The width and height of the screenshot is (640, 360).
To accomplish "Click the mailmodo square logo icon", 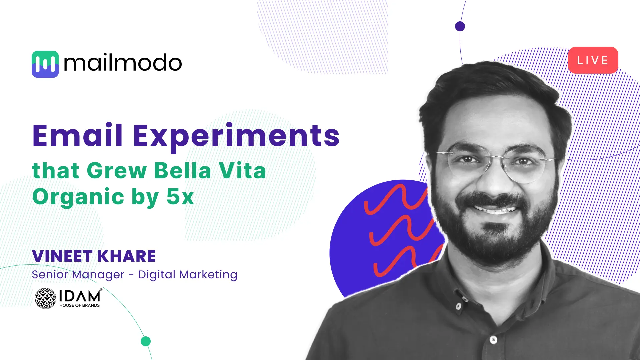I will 45,64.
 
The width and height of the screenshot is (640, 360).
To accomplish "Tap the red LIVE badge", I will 593,60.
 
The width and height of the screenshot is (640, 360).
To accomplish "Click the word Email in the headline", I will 78,136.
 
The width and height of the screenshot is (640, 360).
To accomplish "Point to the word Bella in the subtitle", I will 183,171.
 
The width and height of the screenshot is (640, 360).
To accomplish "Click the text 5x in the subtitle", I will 180,197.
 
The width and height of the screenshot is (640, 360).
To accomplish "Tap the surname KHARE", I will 127,256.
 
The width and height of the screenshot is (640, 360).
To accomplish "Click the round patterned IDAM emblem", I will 45,298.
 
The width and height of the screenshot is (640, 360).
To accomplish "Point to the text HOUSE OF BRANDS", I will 79,305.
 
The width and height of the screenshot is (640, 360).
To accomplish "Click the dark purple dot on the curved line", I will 460,26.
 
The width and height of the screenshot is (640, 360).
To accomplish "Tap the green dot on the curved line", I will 146,341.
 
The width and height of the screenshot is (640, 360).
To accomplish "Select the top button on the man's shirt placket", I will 459,306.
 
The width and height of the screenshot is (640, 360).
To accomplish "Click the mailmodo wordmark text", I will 123,63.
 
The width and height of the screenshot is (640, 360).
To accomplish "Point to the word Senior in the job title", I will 50,275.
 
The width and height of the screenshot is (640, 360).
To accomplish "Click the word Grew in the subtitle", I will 117,171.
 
